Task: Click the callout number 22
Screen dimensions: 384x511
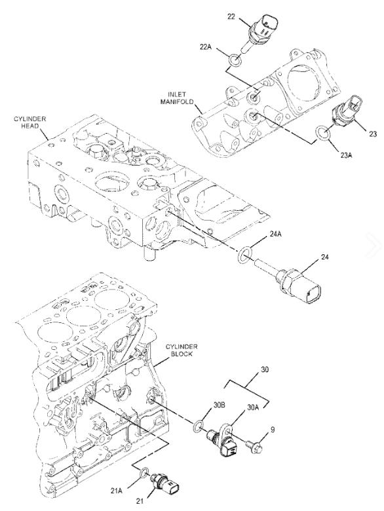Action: point(231,16)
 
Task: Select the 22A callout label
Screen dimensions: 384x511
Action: point(205,47)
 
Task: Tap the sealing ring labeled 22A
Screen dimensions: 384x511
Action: point(235,60)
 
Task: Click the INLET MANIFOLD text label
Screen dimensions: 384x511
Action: point(178,98)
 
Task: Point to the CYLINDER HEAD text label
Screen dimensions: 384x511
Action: point(30,123)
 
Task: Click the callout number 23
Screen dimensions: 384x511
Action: point(373,134)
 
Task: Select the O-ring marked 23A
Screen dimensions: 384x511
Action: point(322,133)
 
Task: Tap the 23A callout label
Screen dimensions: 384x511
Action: point(346,155)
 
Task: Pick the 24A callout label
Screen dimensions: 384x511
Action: point(275,234)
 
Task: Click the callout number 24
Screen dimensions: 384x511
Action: point(324,257)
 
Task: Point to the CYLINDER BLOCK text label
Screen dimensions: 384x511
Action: point(182,350)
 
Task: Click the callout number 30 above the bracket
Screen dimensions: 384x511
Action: point(265,370)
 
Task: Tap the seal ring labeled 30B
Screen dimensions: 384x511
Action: point(199,426)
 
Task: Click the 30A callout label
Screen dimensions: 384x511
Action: point(253,407)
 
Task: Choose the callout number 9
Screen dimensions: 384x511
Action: point(273,430)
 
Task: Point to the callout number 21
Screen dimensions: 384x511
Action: point(140,501)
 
